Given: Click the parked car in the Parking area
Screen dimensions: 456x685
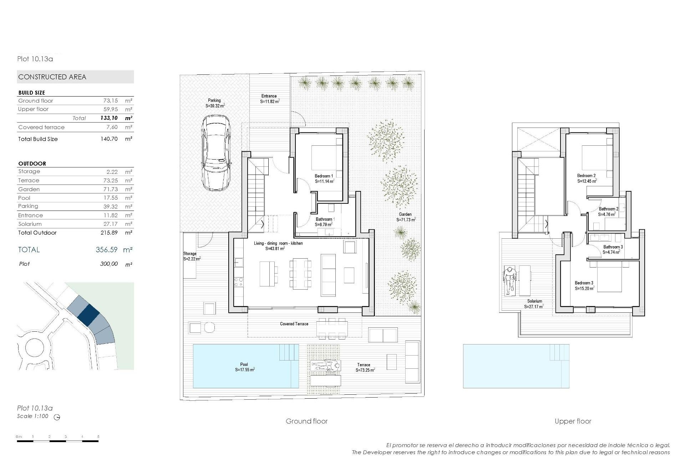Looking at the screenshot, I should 216,153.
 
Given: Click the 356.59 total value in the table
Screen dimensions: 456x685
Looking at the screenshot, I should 106,250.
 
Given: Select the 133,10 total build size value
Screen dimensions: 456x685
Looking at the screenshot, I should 109,118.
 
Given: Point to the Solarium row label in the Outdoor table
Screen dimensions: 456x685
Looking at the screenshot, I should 30,224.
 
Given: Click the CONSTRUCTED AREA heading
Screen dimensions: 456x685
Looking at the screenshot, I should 52,77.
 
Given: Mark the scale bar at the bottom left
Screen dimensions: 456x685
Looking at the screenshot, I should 57,441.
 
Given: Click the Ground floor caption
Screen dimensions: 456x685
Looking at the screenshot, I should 306,421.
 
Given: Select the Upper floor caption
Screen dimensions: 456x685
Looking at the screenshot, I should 573,421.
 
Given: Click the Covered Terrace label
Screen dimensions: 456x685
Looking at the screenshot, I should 294,324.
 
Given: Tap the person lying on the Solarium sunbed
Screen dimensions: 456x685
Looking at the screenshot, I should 509,281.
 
